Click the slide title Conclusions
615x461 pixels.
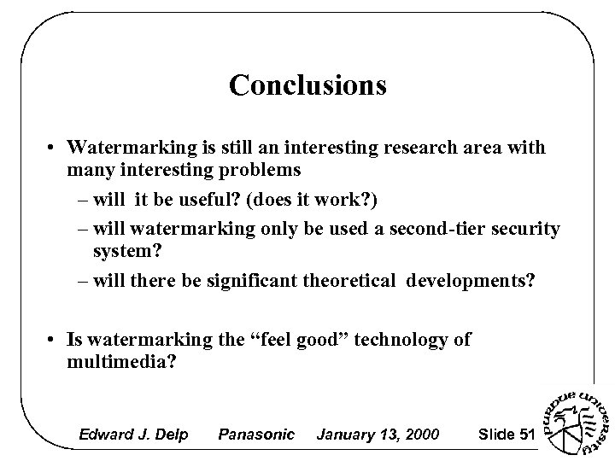(307, 85)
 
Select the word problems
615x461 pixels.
(255, 170)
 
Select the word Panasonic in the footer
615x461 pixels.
(256, 435)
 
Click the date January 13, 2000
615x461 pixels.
(378, 435)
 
